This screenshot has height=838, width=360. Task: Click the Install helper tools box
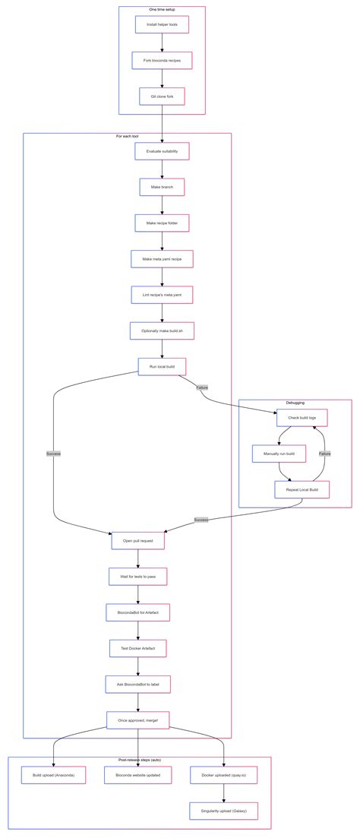162,24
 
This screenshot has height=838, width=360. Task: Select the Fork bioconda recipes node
162,60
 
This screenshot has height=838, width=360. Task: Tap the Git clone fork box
162,96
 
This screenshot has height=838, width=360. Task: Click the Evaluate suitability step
162,151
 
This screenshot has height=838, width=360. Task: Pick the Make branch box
162,187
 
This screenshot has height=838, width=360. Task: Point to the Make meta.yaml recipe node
162,259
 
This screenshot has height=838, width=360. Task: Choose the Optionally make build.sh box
162,330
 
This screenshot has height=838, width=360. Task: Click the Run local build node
162,366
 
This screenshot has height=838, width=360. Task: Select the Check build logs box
302,417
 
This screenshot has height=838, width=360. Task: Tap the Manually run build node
279,454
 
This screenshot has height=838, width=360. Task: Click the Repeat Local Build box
302,490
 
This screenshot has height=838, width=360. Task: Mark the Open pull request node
138,541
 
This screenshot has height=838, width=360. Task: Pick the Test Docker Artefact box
138,648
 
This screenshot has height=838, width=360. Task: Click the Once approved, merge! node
138,719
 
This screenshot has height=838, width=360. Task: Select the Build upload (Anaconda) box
54,775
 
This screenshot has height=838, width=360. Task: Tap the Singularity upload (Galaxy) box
224,811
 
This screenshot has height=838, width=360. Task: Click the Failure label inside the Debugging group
324,454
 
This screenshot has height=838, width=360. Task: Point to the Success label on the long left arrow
53,454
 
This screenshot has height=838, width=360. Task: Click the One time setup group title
162,10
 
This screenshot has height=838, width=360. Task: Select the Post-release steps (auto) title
139,760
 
